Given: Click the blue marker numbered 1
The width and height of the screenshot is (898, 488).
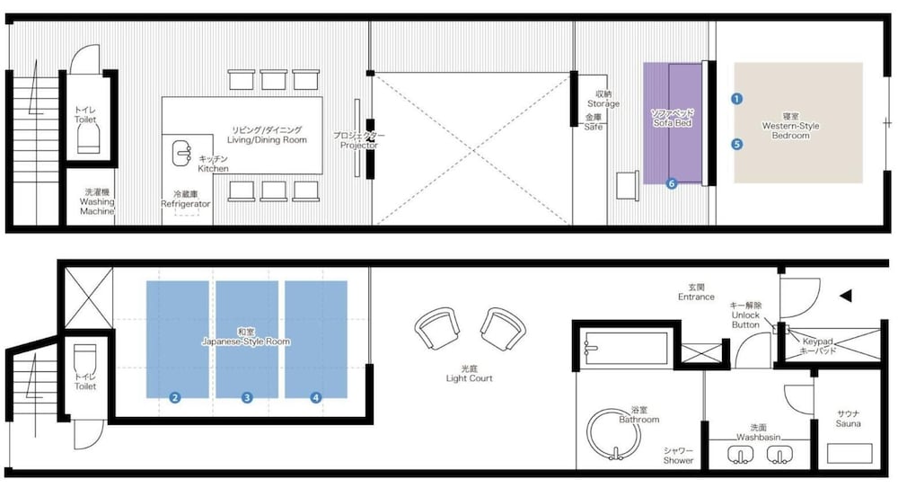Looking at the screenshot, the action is (736, 99).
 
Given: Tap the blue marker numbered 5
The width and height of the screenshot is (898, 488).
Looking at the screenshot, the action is (736, 144).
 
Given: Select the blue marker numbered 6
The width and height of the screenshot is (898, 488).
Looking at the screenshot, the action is (671, 183).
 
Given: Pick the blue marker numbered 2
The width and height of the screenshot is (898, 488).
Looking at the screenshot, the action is (175, 397).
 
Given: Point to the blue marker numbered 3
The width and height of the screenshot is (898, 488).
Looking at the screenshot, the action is (247, 397).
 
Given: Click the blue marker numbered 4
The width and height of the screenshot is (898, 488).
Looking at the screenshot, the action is (315, 397).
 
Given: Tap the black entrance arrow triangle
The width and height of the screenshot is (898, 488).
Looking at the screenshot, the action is (845, 296).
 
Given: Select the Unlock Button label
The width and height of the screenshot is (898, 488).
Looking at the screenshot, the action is (745, 315).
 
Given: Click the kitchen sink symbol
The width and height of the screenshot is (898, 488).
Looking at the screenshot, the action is (181, 153).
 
